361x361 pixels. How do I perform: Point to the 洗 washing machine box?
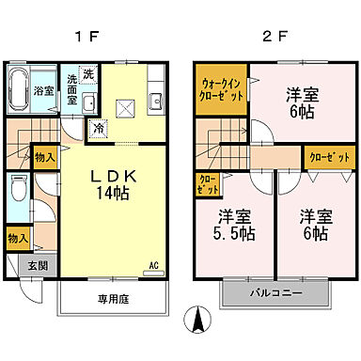[x=87, y=73]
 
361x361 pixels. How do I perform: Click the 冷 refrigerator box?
[x=98, y=126]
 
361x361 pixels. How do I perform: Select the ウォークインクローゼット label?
[x=220, y=90]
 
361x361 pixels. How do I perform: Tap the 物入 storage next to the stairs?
[x=43, y=156]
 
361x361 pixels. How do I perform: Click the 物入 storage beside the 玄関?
[x=15, y=239]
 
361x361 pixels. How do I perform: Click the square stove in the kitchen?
[x=128, y=104]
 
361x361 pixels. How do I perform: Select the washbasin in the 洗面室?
[x=89, y=103]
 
